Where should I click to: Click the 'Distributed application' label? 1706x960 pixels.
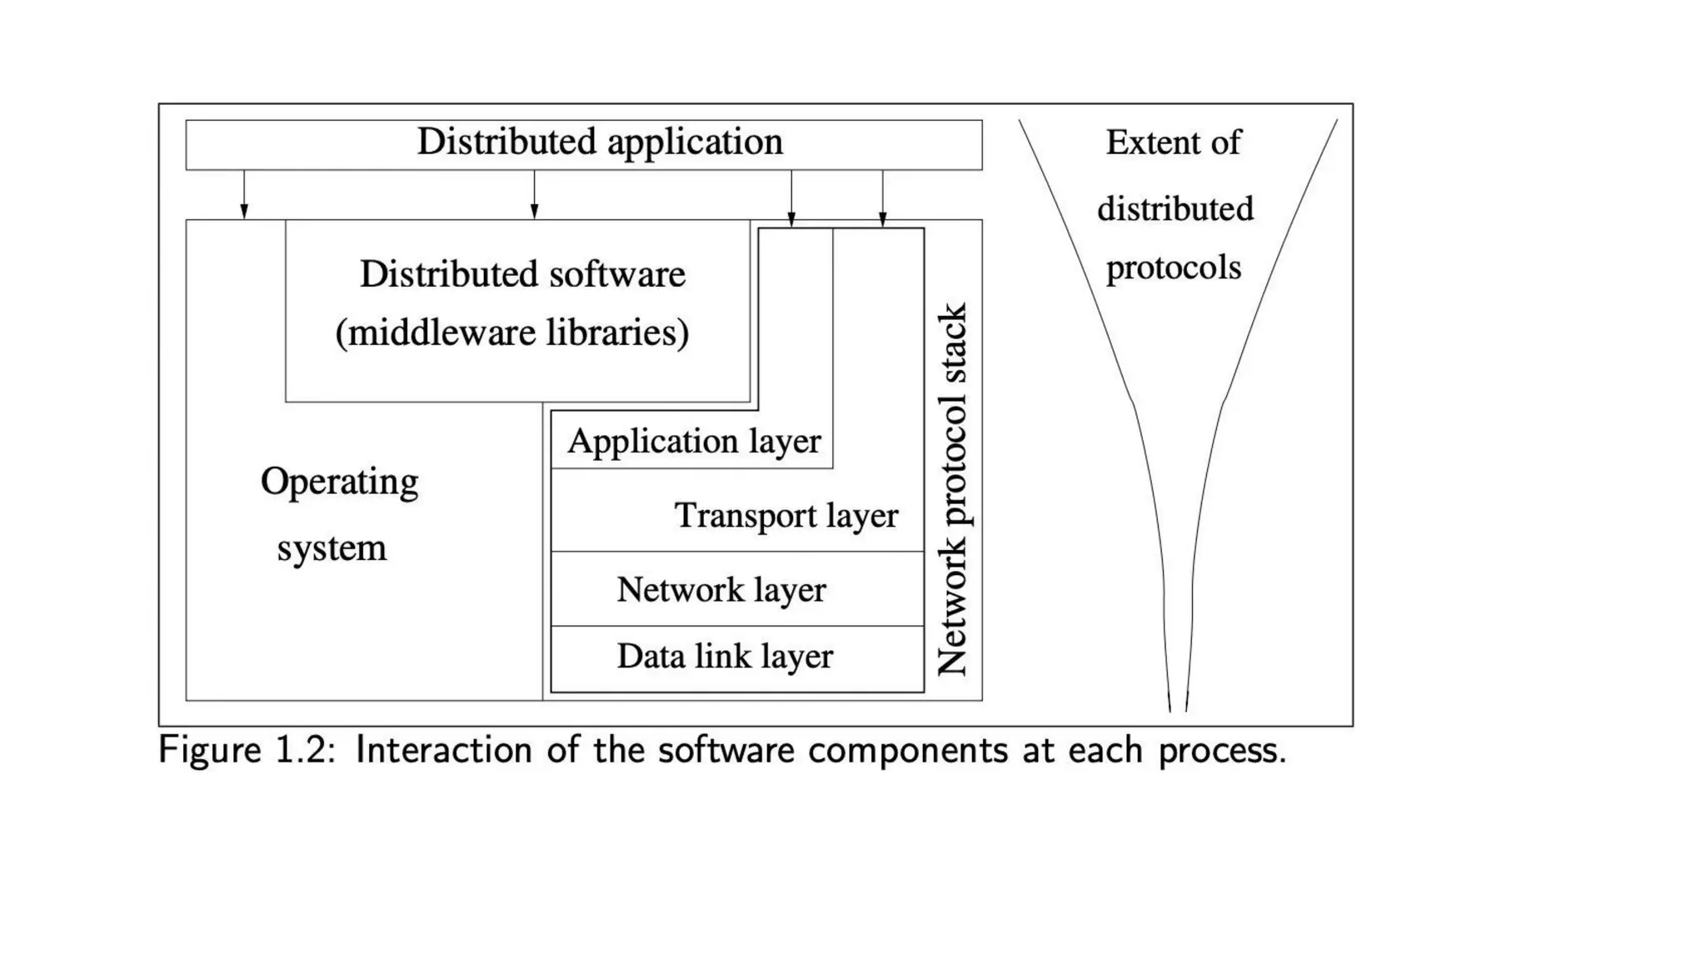click(600, 142)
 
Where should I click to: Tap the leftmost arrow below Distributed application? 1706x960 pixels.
click(244, 195)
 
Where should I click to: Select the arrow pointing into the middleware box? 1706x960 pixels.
click(534, 195)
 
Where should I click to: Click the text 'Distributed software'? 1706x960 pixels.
click(522, 274)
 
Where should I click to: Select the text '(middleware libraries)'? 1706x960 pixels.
click(512, 332)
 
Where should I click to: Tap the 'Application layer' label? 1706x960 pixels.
click(694, 441)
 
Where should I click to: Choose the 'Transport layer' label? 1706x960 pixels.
click(786, 515)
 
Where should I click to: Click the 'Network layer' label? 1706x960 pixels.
click(721, 590)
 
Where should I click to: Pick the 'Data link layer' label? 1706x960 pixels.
click(724, 657)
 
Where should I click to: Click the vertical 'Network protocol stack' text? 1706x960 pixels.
click(953, 490)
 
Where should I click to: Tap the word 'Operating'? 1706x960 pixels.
click(339, 482)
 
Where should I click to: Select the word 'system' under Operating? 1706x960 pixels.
click(332, 548)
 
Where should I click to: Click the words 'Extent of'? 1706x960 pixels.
click(1173, 142)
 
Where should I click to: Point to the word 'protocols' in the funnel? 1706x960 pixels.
click(1173, 267)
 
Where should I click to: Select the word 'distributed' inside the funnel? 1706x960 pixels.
click(1175, 208)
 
